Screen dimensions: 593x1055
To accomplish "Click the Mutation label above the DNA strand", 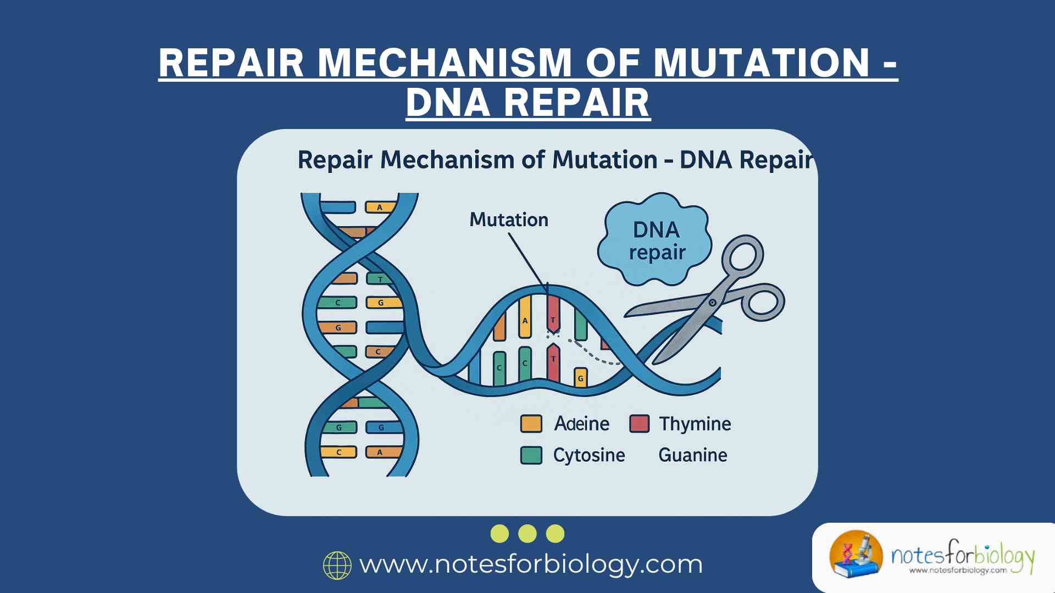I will (x=509, y=220).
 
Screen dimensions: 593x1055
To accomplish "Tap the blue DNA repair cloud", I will (x=656, y=240).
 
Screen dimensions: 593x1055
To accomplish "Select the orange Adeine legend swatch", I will (x=531, y=424).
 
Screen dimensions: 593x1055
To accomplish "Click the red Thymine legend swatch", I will (x=639, y=424).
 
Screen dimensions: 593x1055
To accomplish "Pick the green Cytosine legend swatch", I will (x=531, y=455).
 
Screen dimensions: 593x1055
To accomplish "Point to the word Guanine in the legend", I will (x=692, y=455).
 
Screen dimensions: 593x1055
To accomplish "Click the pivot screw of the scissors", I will (x=712, y=303).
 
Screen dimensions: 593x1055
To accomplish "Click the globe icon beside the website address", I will (x=337, y=566).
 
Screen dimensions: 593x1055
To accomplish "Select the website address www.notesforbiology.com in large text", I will (x=531, y=564).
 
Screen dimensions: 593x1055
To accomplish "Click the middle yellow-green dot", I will (x=527, y=534).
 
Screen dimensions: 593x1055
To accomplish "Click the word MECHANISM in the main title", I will (x=445, y=63).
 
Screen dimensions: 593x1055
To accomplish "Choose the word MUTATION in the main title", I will (x=761, y=63).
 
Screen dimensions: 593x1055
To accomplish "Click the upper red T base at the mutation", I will (x=553, y=316).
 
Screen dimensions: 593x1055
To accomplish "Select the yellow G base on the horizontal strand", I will (x=580, y=378).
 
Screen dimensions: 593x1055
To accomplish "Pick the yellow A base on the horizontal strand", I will (x=525, y=317).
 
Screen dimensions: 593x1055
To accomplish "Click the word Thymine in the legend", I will (x=695, y=424).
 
